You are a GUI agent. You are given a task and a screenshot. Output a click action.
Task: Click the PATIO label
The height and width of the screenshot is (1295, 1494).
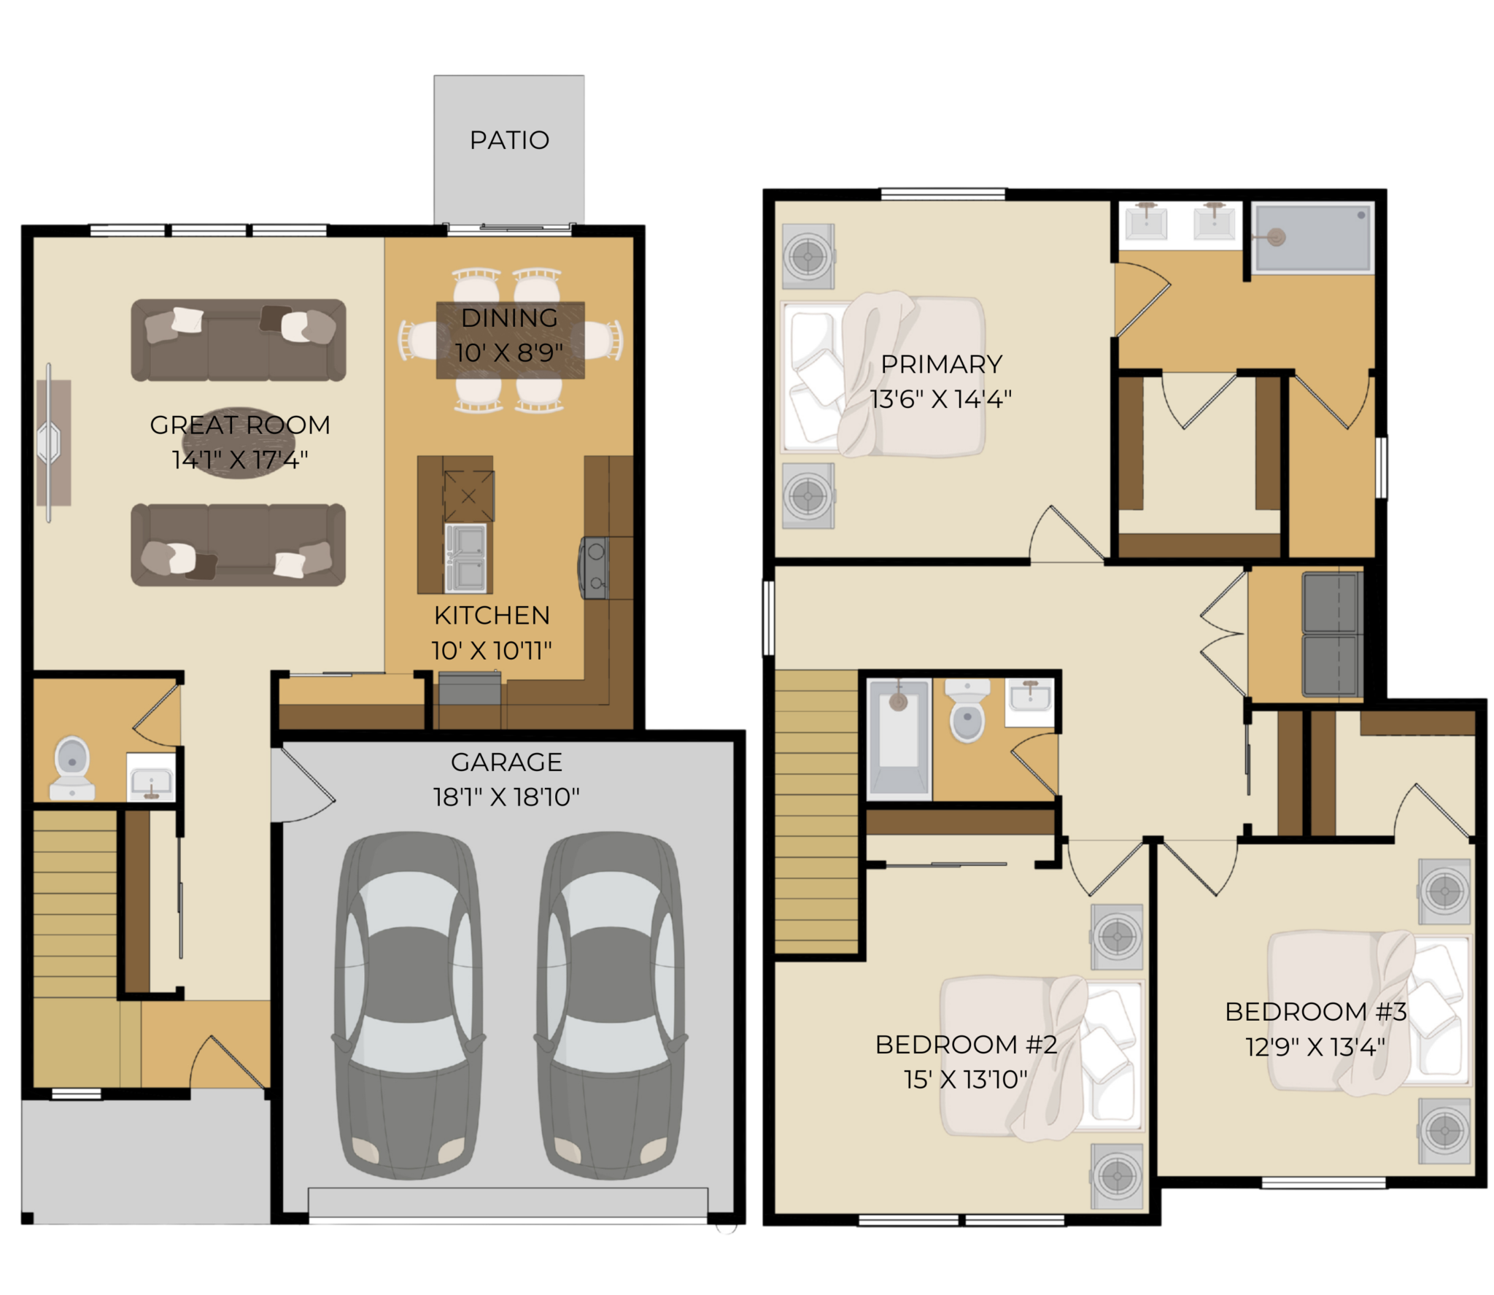(x=509, y=140)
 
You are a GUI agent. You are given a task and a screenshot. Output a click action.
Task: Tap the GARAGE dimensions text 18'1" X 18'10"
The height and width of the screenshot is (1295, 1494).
(x=506, y=797)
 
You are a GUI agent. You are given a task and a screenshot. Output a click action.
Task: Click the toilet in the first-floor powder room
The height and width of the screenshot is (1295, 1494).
(x=71, y=768)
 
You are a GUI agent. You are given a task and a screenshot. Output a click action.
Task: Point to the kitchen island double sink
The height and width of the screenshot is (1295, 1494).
(x=465, y=557)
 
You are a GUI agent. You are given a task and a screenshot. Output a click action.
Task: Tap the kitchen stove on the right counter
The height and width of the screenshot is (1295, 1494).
(x=594, y=568)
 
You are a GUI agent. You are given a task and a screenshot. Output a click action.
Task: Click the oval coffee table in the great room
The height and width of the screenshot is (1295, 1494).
(x=239, y=443)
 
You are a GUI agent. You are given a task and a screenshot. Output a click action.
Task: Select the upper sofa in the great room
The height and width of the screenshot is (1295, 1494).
(x=239, y=340)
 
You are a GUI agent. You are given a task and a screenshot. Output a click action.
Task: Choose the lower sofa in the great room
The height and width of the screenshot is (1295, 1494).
(x=239, y=545)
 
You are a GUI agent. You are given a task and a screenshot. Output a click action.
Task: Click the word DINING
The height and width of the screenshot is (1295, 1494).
(x=509, y=318)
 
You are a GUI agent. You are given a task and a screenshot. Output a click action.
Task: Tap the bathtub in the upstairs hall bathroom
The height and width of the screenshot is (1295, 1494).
(x=899, y=739)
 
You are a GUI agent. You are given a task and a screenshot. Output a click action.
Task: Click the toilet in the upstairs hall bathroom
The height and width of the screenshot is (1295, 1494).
(x=967, y=711)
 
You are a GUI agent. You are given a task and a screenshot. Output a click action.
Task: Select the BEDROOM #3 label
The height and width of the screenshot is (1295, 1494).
(x=1315, y=1012)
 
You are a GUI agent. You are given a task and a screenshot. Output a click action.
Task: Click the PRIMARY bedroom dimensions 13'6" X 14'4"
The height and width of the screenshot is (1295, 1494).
(x=941, y=399)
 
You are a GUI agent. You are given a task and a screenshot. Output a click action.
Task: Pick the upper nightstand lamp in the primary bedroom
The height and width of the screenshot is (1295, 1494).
(x=808, y=257)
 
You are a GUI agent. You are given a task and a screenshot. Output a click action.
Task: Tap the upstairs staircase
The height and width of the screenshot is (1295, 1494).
(x=816, y=812)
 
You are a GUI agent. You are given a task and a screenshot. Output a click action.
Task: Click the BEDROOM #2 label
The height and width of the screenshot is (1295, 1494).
(x=966, y=1045)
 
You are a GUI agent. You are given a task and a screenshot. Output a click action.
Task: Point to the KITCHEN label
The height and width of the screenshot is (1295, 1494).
(x=492, y=616)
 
